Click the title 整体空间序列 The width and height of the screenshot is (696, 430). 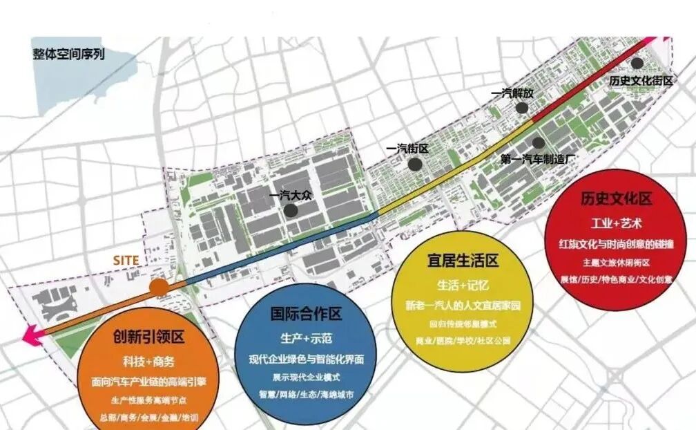[68, 53]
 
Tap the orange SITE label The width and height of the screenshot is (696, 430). [126, 260]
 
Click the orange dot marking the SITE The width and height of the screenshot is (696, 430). [159, 287]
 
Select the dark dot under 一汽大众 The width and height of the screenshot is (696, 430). [293, 210]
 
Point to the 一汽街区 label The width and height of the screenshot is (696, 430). [408, 149]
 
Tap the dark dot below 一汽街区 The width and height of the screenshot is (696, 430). [414, 164]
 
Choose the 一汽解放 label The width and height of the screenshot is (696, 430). [513, 93]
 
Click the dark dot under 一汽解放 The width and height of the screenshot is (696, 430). [523, 107]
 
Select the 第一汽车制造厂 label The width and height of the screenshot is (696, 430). [539, 158]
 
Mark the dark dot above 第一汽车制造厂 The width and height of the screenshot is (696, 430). [538, 143]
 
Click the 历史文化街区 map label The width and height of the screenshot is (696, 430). [641, 80]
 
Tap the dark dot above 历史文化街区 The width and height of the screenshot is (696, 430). [637, 64]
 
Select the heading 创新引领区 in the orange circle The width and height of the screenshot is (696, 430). [148, 337]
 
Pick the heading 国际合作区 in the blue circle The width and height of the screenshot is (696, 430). [306, 315]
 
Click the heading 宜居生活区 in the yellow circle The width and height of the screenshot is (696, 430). [463, 261]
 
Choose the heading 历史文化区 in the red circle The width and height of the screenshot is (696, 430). [617, 200]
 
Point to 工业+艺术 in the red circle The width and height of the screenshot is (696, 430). [617, 224]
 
